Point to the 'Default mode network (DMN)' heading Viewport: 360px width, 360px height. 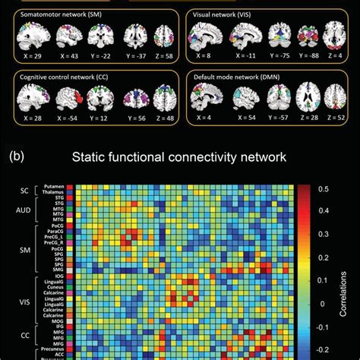(x=242, y=77)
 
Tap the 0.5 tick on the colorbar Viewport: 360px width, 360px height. (x=322, y=188)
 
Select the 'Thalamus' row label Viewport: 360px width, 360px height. (x=50, y=193)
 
